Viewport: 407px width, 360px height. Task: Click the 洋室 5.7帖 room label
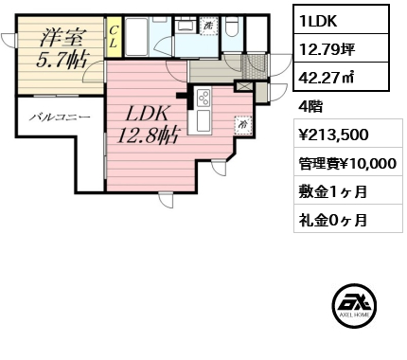(62, 48)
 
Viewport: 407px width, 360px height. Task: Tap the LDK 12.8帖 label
(147, 125)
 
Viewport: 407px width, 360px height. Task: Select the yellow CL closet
(113, 37)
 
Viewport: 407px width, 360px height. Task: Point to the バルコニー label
(60, 117)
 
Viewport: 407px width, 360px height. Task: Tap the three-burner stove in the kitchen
(203, 98)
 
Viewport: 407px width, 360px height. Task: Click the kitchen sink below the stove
(203, 120)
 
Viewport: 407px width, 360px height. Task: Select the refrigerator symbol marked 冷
(243, 125)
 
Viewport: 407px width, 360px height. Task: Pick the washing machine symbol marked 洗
(209, 26)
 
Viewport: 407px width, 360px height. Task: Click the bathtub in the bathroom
(137, 37)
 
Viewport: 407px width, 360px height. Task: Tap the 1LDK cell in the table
(341, 20)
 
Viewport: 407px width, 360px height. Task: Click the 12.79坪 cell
(341, 48)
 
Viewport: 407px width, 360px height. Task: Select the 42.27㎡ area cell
(341, 77)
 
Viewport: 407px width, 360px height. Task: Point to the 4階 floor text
(310, 107)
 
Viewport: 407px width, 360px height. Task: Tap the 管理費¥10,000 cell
(348, 162)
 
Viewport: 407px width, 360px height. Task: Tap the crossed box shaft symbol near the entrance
(244, 86)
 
